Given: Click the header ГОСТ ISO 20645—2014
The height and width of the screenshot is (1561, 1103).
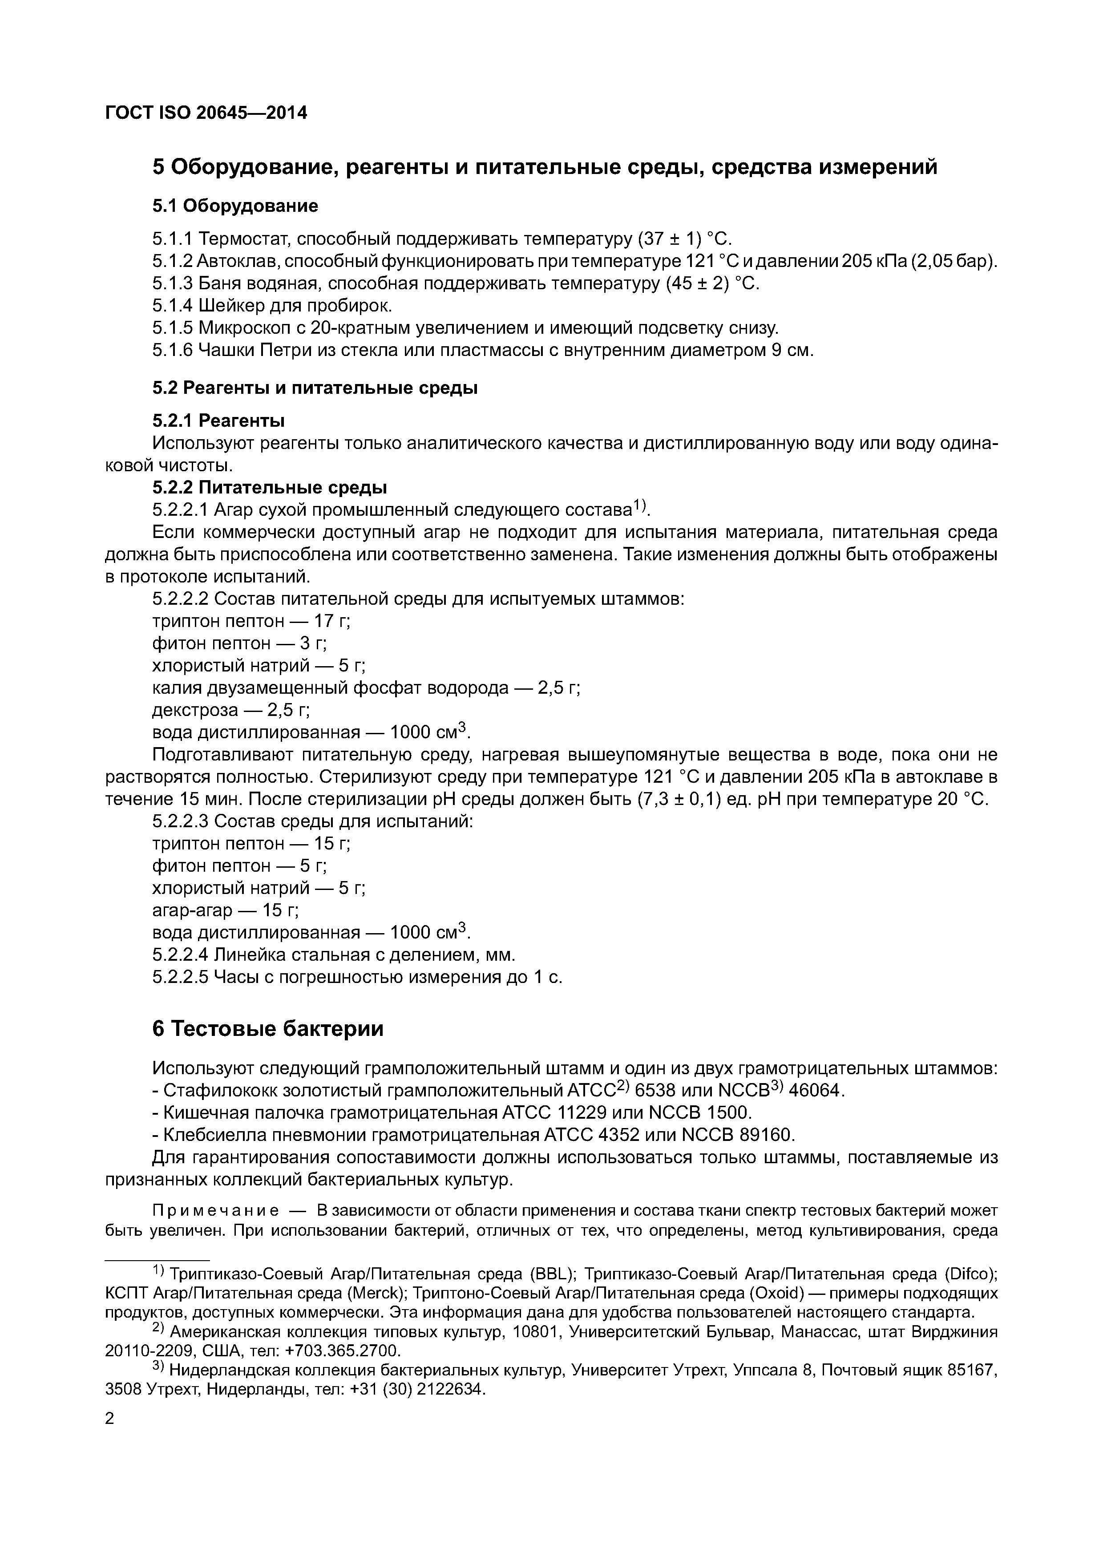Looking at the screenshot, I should [x=206, y=113].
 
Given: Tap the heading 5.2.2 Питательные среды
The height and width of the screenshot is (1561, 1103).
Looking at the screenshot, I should [x=270, y=487].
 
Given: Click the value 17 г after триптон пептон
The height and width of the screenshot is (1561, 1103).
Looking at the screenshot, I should [x=331, y=621].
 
